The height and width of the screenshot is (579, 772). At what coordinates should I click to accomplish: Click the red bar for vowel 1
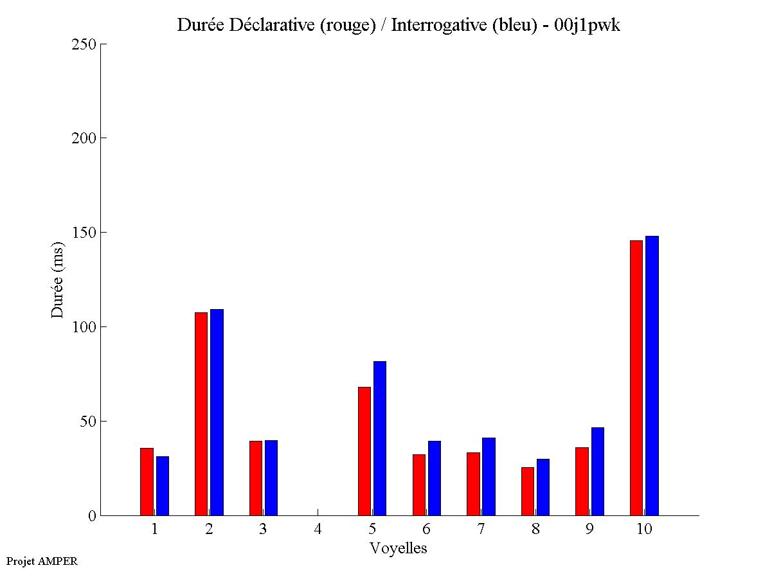pos(147,481)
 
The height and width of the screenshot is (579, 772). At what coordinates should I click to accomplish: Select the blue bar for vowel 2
pos(217,412)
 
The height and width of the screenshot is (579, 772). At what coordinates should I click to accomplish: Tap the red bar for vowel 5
pos(364,450)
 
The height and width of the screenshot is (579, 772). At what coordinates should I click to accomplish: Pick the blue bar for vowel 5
pos(380,438)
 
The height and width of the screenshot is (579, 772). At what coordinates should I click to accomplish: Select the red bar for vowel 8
pos(528,491)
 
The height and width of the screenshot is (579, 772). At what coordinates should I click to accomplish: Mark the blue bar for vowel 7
pos(489,476)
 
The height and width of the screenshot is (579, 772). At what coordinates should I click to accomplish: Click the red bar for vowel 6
pos(419,485)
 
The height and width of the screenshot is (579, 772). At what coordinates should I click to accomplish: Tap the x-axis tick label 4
pos(318,529)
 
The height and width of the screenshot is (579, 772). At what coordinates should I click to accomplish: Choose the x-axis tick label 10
pos(644,529)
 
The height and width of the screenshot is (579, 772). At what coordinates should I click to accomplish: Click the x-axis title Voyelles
pos(399,548)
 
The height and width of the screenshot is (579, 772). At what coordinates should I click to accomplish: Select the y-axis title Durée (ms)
pos(58,280)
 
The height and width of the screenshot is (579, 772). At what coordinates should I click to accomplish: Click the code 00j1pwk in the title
pos(587,26)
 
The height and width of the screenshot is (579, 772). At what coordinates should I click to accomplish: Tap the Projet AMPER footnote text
pos(42,561)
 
